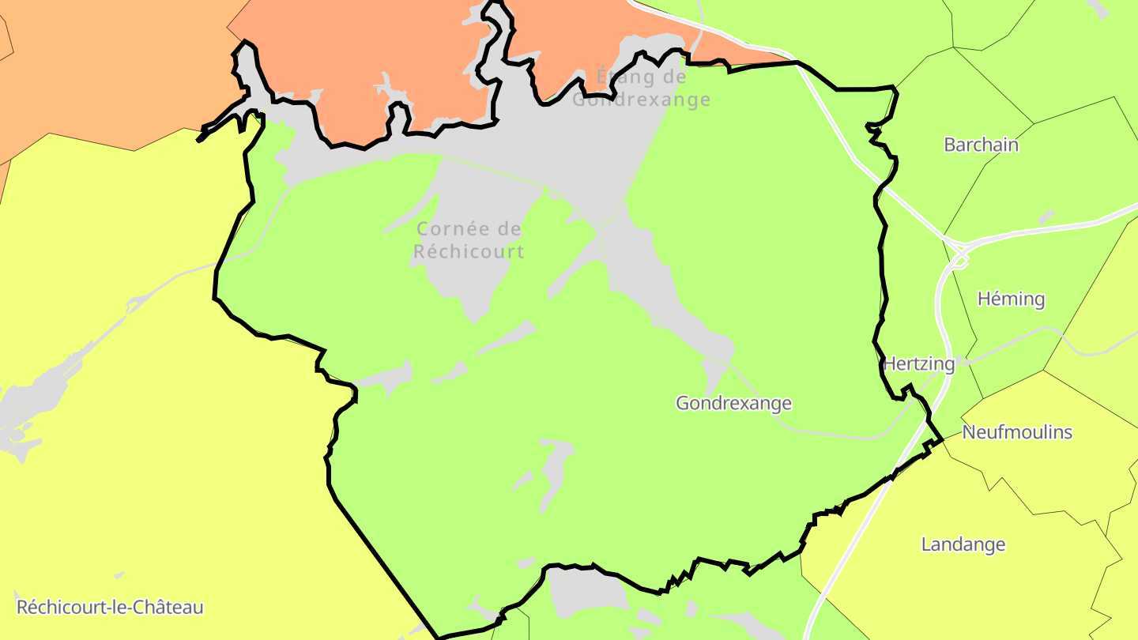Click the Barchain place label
click(981, 145)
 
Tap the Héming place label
click(1011, 299)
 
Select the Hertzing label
click(918, 364)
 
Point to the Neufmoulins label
click(1017, 432)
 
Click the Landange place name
click(963, 544)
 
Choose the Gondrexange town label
click(733, 404)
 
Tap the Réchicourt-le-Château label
click(110, 608)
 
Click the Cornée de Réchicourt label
click(469, 240)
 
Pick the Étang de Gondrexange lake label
click(641, 88)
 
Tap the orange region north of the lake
click(356, 55)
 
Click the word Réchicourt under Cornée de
click(469, 252)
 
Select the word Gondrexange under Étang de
click(641, 100)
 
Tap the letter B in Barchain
click(949, 145)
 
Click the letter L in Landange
click(926, 544)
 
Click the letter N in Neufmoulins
click(969, 432)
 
